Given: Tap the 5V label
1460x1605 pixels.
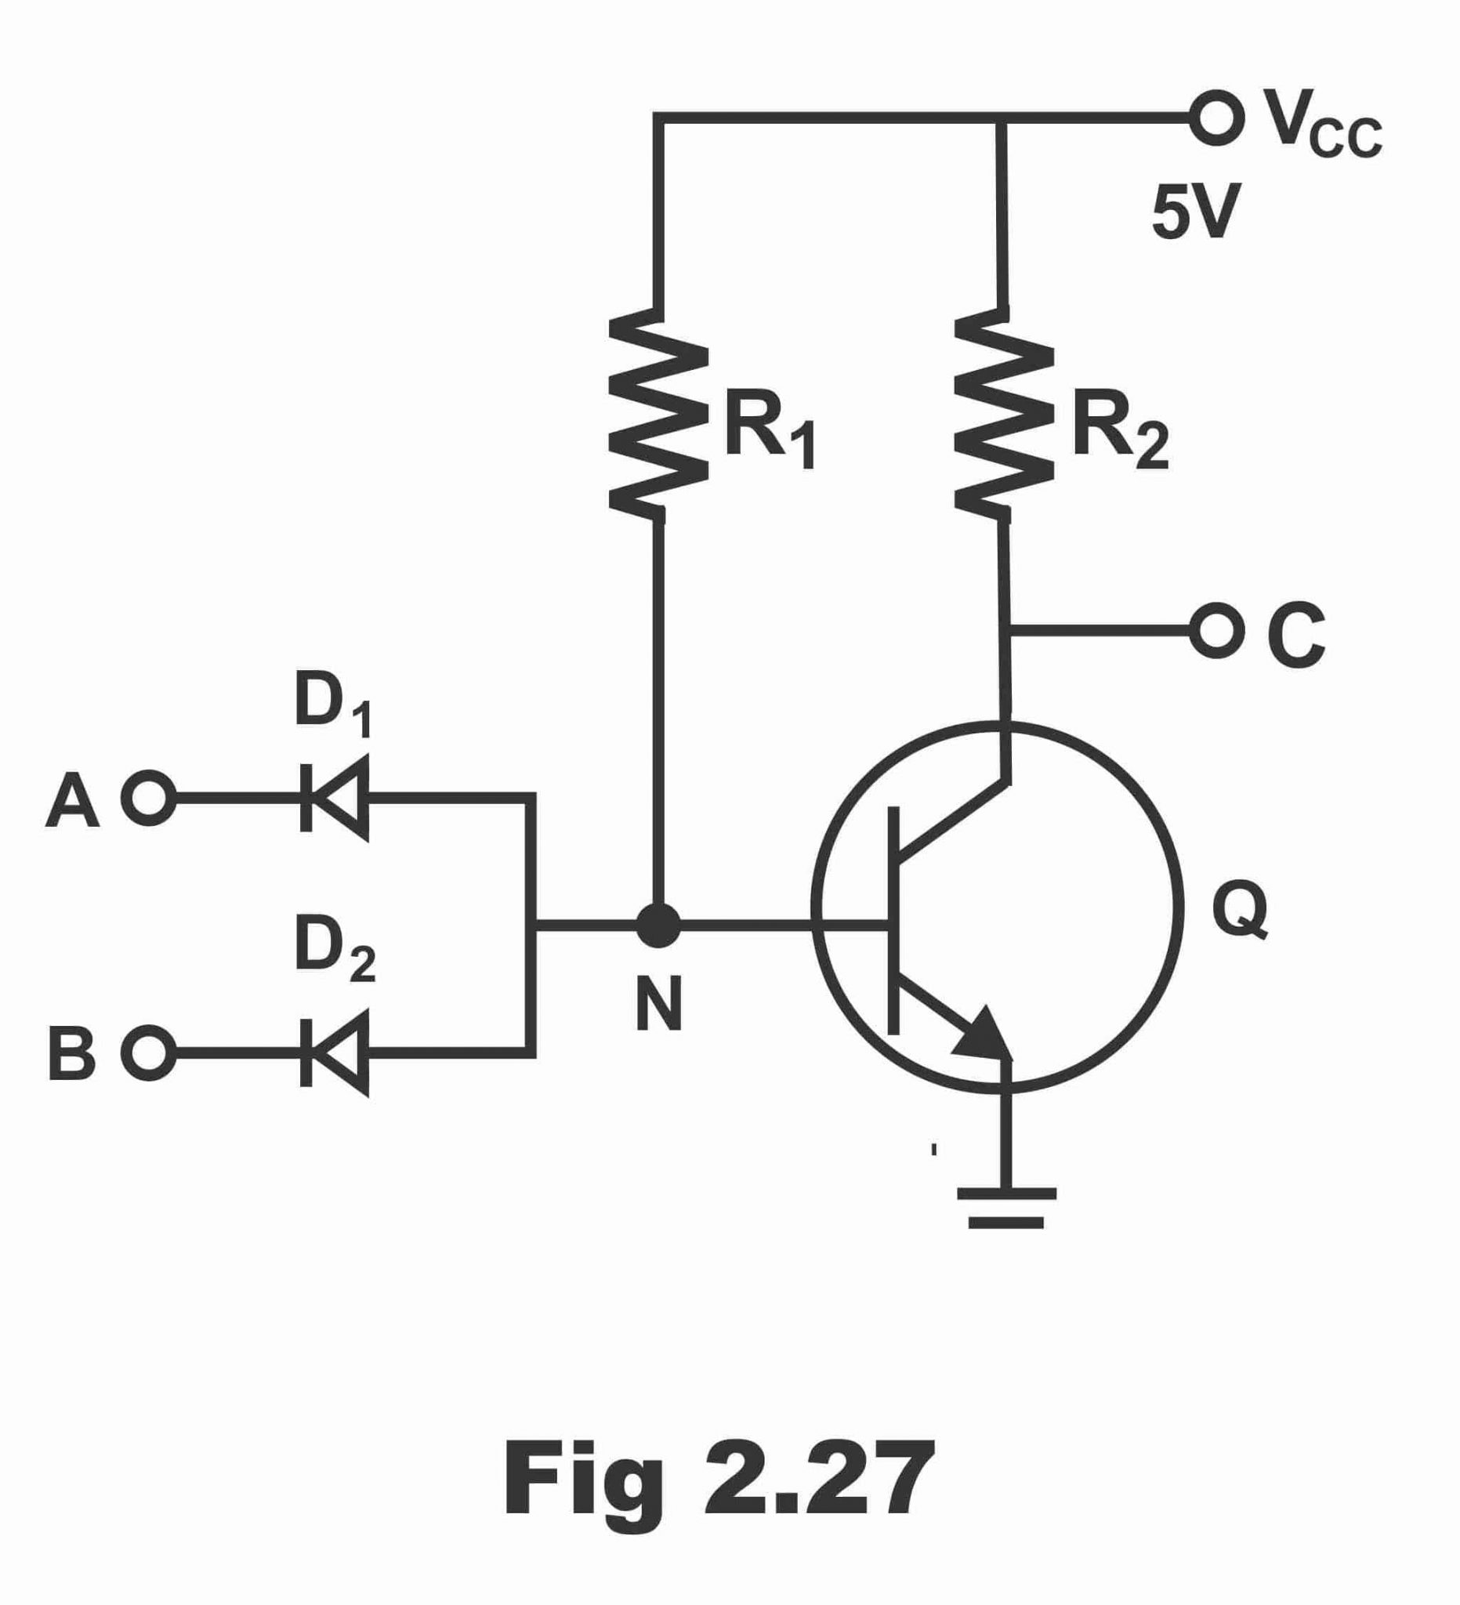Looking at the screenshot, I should click(x=1196, y=212).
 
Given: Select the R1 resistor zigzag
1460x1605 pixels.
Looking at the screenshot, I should click(x=658, y=414).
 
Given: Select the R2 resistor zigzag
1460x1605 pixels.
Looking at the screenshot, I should click(x=1004, y=414).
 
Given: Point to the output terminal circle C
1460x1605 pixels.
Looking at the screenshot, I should click(x=1216, y=631).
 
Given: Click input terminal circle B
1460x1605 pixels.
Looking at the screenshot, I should click(x=149, y=1053).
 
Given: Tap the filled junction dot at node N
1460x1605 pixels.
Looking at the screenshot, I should click(x=658, y=925).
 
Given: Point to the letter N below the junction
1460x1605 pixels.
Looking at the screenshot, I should click(x=659, y=1004).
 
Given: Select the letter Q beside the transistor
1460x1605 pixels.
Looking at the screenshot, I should click(x=1240, y=911).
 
